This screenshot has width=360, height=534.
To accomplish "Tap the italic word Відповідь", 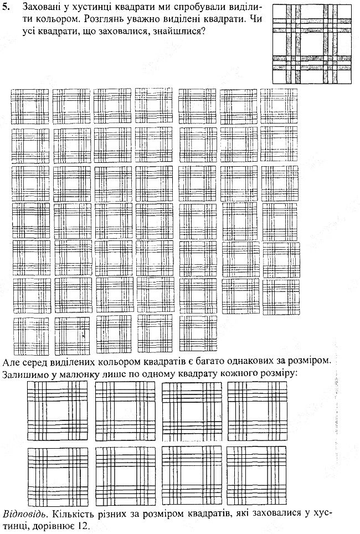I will click(x=24, y=514).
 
